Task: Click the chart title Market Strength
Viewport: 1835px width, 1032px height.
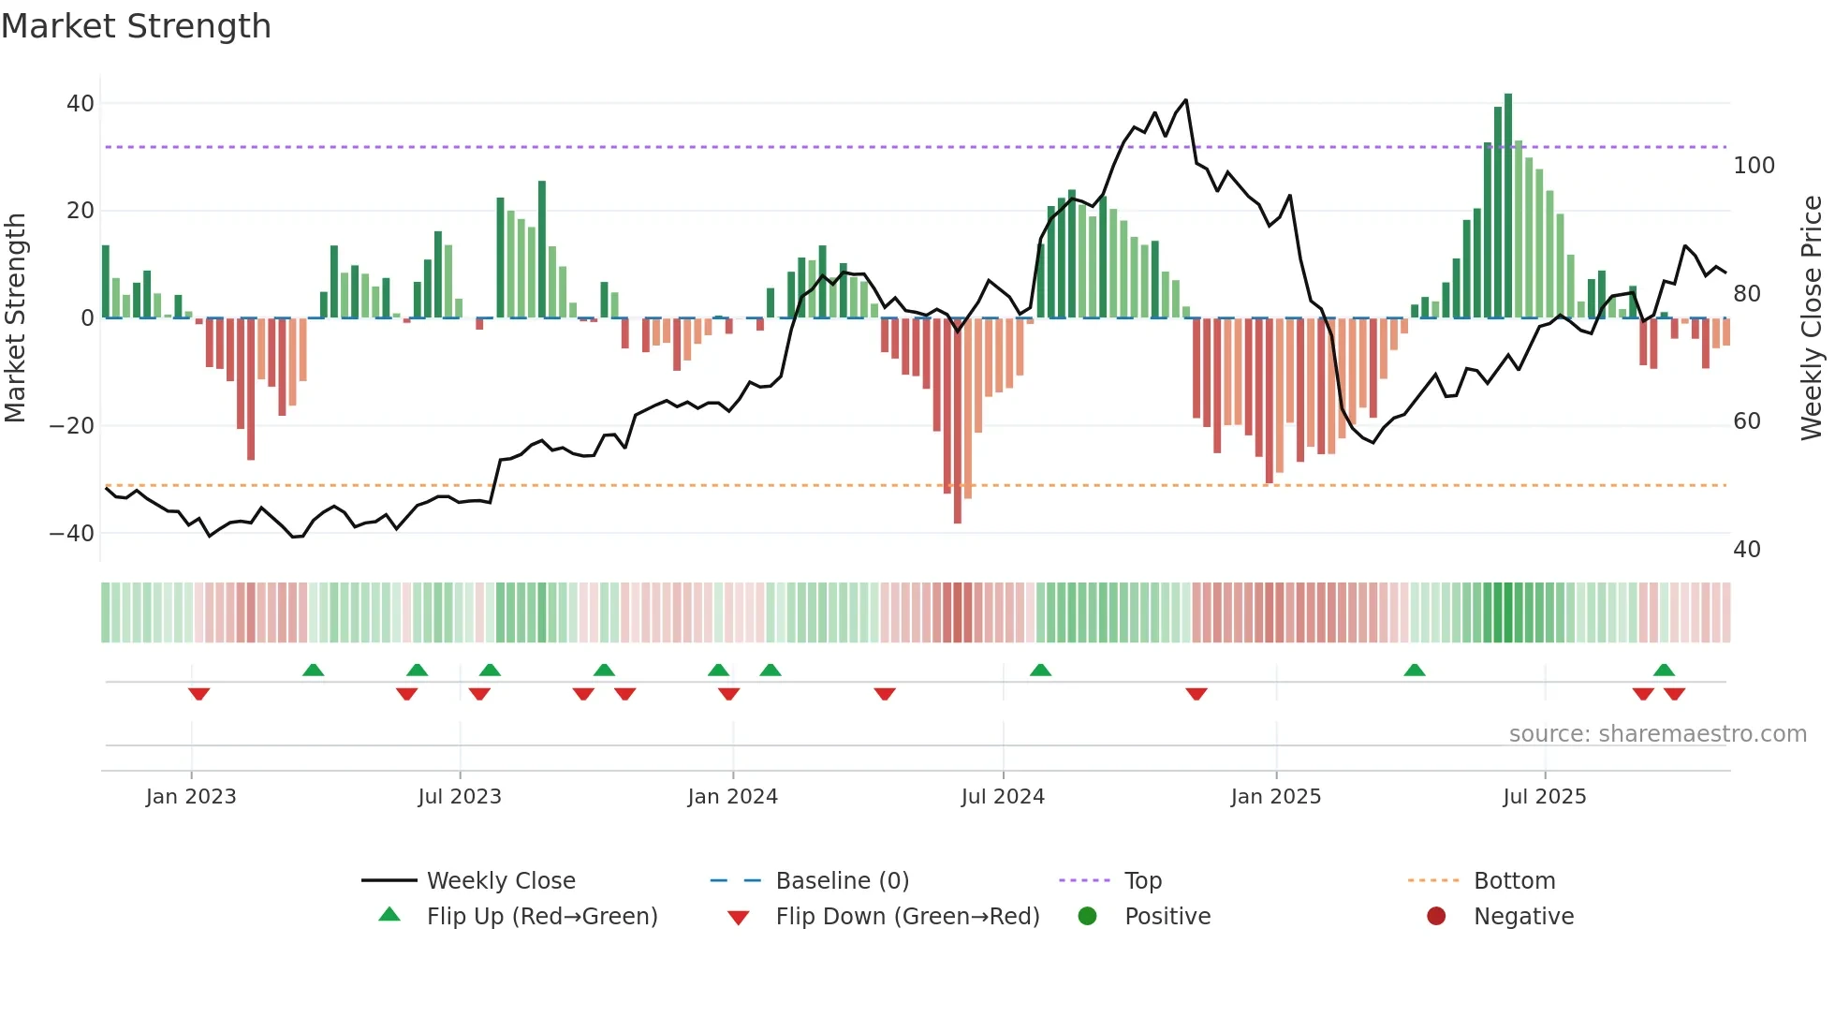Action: (136, 26)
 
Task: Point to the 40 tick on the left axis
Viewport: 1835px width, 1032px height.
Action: (81, 104)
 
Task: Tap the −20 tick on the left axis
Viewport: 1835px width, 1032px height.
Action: (72, 426)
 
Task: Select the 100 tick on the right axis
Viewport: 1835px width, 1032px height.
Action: (1754, 166)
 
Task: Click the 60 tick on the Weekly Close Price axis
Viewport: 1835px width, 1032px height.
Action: (1747, 421)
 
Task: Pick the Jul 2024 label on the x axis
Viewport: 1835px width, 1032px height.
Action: (1003, 797)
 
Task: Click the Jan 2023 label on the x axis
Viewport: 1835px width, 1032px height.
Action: (191, 797)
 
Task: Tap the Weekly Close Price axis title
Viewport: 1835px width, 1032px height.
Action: (1812, 318)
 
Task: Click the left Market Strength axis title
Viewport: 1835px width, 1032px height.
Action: (15, 318)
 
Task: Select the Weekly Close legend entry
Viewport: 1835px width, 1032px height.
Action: (501, 881)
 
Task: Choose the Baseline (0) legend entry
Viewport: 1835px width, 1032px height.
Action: (842, 881)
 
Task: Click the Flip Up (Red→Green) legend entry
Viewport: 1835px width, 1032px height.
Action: (541, 917)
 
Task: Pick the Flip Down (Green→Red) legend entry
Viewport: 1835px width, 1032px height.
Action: (906, 917)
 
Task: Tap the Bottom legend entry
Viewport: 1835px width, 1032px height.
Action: (1514, 881)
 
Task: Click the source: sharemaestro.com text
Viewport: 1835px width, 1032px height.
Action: (1657, 734)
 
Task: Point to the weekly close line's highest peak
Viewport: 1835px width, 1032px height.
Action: (1186, 100)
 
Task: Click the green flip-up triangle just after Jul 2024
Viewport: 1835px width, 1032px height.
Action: (1040, 670)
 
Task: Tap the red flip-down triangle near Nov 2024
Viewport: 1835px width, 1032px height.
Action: (1196, 694)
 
